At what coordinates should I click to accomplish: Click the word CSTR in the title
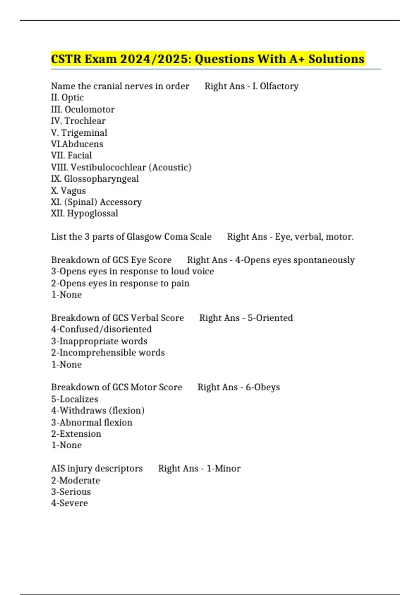pyautogui.click(x=66, y=59)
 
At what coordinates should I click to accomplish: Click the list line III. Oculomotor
pyautogui.click(x=83, y=110)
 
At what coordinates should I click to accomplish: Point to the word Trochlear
pyautogui.click(x=85, y=121)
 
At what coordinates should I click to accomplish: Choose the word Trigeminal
pyautogui.click(x=84, y=133)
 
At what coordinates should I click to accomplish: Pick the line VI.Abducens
pyautogui.click(x=77, y=144)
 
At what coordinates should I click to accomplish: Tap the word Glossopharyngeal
pyautogui.click(x=101, y=179)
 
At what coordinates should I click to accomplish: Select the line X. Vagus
pyautogui.click(x=68, y=191)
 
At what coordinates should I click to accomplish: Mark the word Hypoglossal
pyautogui.click(x=92, y=213)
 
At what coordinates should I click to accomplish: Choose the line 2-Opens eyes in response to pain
pyautogui.click(x=120, y=283)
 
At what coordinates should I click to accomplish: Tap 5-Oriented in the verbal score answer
pyautogui.click(x=270, y=318)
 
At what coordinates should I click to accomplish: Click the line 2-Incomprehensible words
pyautogui.click(x=108, y=352)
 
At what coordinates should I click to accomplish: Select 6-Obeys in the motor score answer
pyautogui.click(x=262, y=387)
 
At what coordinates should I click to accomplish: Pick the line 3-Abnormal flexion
pyautogui.click(x=92, y=422)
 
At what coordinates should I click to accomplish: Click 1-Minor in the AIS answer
pyautogui.click(x=223, y=468)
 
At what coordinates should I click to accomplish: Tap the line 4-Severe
pyautogui.click(x=69, y=503)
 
